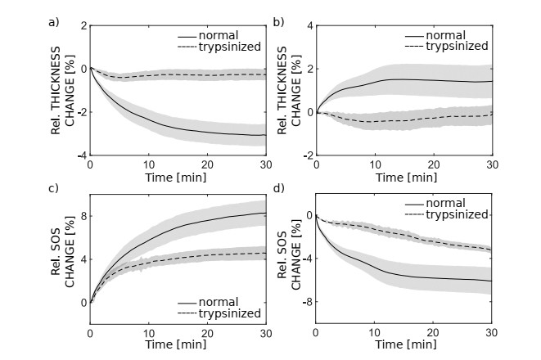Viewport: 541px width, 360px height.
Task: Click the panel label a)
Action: (54, 21)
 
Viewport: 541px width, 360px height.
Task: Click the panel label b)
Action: (279, 21)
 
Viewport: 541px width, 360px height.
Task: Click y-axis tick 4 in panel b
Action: (309, 25)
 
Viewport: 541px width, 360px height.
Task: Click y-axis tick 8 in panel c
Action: (83, 217)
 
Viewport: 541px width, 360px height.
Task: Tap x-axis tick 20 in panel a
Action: (207, 164)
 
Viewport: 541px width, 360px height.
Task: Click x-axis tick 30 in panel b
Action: (492, 164)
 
